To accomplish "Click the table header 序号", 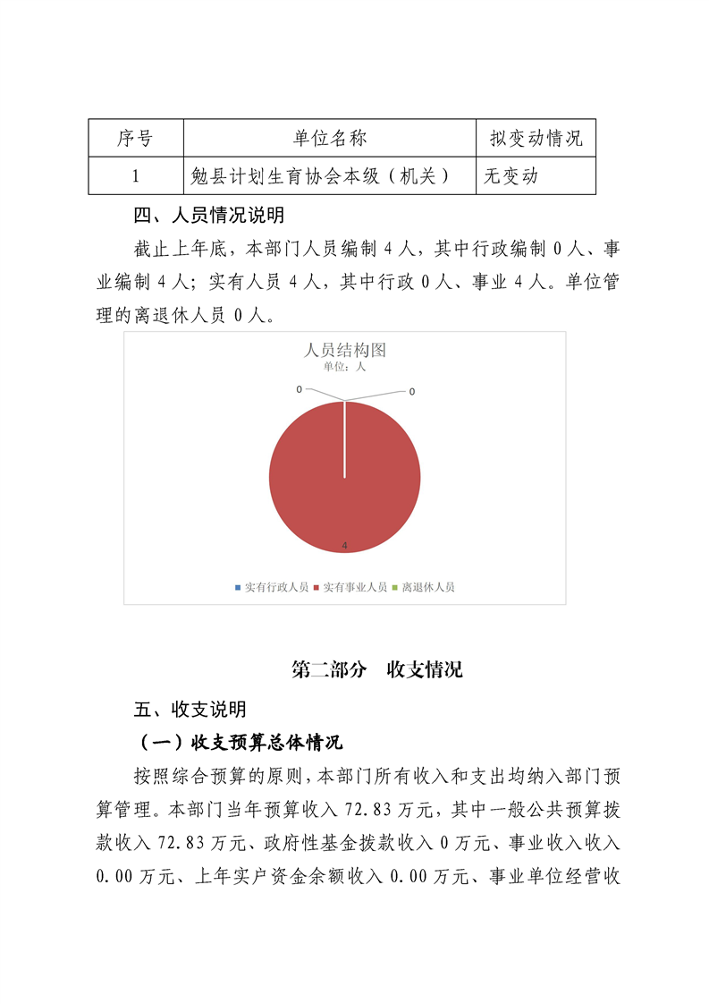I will (x=135, y=139).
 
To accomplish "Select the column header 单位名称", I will (x=329, y=139).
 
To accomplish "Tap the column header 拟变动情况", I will (x=536, y=139).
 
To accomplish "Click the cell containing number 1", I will (x=135, y=176).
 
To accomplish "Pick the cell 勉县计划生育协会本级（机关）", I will (x=321, y=176).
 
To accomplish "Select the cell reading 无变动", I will (x=511, y=176).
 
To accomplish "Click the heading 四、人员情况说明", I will (x=208, y=216).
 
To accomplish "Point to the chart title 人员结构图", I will (x=345, y=350).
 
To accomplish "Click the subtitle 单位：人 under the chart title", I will (x=344, y=366).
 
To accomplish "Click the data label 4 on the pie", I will (x=344, y=545).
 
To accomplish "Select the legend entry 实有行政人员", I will (x=272, y=587).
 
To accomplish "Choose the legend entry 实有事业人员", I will (x=350, y=587).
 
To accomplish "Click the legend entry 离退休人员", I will (x=424, y=587).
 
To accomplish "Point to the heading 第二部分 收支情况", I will (x=377, y=670).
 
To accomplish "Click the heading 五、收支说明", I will (x=190, y=710).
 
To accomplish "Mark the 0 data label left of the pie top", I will (x=300, y=389).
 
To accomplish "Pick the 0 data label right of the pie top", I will (x=412, y=391).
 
